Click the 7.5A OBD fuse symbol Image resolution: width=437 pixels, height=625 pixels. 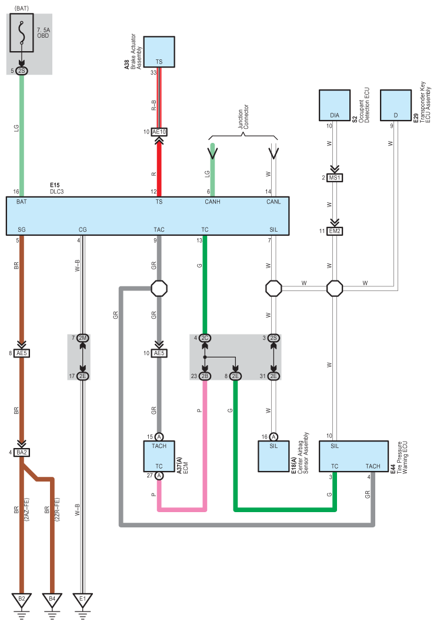pos(22,33)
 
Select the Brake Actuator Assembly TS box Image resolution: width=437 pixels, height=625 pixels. pos(159,52)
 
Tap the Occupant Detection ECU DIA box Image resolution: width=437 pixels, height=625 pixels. pos(335,105)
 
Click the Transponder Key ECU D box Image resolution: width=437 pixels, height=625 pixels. pos(395,105)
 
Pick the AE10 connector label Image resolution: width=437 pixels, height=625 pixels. pos(159,132)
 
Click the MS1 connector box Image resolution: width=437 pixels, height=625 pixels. pos(335,178)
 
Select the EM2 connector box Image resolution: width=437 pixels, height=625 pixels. pos(335,231)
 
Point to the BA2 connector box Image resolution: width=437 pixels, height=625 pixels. pos(22,452)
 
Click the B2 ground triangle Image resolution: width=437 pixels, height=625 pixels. pos(22,600)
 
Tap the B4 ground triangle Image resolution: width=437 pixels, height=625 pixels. pos(52,600)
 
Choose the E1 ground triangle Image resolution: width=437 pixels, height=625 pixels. pos(82,600)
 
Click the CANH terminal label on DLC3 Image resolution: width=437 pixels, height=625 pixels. pos(212,202)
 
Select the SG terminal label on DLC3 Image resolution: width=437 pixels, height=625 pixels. pos(22,229)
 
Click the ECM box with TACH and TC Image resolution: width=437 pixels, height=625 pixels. pos(159,456)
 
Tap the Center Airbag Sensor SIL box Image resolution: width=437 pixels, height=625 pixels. pos(273,456)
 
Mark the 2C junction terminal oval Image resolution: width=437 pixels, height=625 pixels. pos(205,338)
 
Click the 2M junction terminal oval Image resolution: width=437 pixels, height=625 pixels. pos(82,338)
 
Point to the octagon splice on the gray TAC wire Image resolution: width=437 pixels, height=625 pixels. pos(159,288)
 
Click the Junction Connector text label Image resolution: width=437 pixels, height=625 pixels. pos(243,116)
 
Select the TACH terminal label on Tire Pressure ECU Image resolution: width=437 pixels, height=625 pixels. pos(373,466)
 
